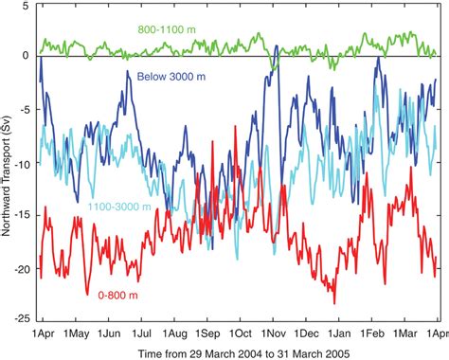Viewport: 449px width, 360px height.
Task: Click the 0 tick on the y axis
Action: [x=28, y=56]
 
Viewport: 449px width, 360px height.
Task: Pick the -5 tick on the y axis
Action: [x=27, y=109]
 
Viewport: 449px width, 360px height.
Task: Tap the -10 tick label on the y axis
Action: [x=24, y=163]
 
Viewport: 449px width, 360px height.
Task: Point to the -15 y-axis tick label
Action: [x=24, y=216]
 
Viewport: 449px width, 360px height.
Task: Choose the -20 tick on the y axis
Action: [x=24, y=269]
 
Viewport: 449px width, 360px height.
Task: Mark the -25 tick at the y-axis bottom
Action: [x=24, y=322]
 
